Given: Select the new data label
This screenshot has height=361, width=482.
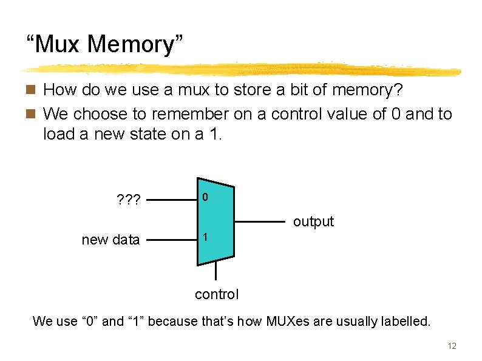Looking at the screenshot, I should pyautogui.click(x=110, y=240).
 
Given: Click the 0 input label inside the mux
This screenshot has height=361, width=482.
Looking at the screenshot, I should pyautogui.click(x=206, y=198).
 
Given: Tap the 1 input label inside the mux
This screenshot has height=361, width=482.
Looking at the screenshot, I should pyautogui.click(x=206, y=238).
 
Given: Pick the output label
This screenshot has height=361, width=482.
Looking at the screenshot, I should pyautogui.click(x=313, y=221).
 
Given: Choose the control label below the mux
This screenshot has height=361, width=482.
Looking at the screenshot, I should pyautogui.click(x=217, y=294).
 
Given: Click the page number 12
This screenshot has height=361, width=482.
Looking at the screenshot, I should pyautogui.click(x=451, y=346).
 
